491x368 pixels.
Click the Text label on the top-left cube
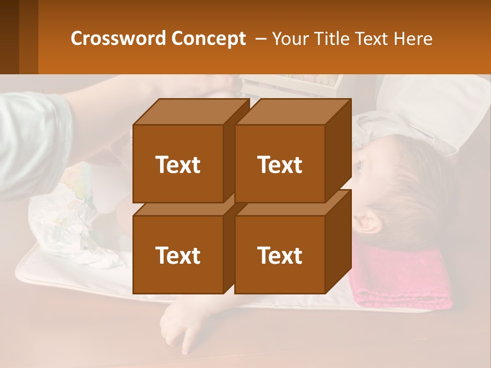tap(178, 165)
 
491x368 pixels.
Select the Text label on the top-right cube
tap(280, 165)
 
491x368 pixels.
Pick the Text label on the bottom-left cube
tap(178, 255)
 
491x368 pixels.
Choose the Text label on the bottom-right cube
tap(280, 255)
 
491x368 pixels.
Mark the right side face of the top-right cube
tap(338, 151)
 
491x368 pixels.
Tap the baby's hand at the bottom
tap(176, 327)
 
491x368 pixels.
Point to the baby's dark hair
tap(409, 189)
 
